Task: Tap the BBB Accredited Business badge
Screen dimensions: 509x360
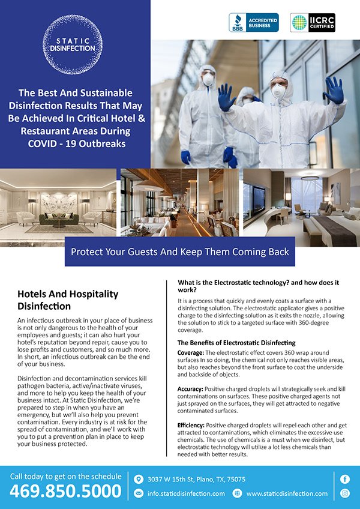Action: click(x=254, y=23)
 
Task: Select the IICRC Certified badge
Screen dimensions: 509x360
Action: click(x=313, y=23)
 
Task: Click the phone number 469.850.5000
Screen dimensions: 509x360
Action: click(x=66, y=491)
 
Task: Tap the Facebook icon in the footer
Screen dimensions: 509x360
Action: click(x=345, y=479)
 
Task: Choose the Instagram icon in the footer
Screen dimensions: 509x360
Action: click(x=345, y=493)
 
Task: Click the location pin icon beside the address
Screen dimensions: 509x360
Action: click(x=139, y=479)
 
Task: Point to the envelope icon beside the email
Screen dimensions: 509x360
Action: click(x=139, y=493)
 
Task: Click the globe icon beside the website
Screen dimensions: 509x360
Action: click(x=238, y=493)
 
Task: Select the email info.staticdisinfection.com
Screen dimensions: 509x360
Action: click(x=185, y=493)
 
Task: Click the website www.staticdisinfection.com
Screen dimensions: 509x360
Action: click(x=287, y=493)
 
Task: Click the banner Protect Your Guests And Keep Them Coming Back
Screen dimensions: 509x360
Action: click(x=180, y=252)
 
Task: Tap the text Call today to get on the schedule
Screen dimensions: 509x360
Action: click(x=65, y=476)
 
